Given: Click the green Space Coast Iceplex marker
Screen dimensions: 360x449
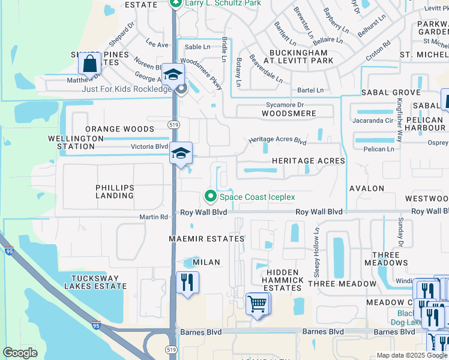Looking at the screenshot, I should click(x=210, y=196).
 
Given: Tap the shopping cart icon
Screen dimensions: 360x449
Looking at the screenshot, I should click(x=257, y=303).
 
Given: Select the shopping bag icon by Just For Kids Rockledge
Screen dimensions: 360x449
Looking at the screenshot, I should click(x=89, y=63).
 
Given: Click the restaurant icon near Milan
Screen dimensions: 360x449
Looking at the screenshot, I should click(x=187, y=282).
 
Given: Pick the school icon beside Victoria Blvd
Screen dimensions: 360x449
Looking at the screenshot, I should click(x=181, y=154).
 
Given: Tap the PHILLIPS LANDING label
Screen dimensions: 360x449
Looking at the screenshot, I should click(x=115, y=192).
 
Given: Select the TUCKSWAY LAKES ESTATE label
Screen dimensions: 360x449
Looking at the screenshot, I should click(x=98, y=282).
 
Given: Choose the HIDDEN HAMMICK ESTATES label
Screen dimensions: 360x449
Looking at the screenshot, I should click(x=282, y=280).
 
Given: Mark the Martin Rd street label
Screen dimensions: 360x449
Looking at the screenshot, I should click(x=154, y=217).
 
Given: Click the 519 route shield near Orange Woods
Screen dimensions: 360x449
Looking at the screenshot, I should click(x=171, y=123).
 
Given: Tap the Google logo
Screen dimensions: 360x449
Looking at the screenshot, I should click(x=20, y=353).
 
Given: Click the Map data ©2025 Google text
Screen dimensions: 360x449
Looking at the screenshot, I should click(x=411, y=355).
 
